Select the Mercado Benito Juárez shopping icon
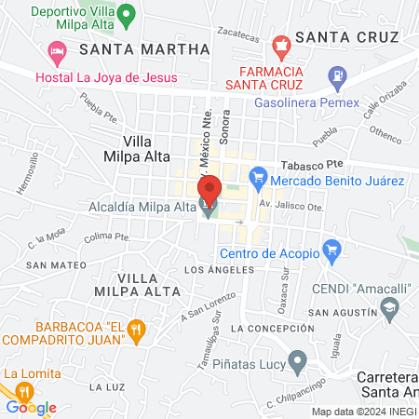[259, 175]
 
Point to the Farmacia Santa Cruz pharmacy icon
[280, 44]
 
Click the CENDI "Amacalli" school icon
[389, 307]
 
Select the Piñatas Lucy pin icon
[297, 359]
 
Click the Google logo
[31, 407]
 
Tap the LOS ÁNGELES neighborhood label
[220, 270]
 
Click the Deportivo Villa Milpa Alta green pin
[131, 15]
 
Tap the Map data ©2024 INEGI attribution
[364, 412]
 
